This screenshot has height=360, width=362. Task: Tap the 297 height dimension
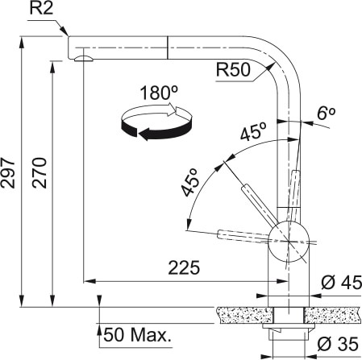coord(10,172)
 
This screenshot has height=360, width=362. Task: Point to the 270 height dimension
coord(41,172)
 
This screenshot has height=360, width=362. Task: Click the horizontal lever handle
coord(242,234)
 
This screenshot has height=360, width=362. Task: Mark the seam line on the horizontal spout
coord(167,46)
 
